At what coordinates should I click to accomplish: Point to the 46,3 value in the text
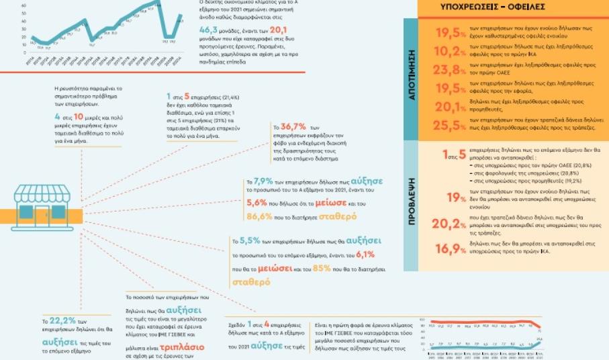click(x=214, y=30)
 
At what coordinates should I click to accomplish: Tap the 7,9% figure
click(x=263, y=181)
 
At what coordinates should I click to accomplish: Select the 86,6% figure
click(x=259, y=217)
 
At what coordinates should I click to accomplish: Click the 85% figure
click(x=322, y=268)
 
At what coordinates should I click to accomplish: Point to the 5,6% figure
click(x=256, y=202)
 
